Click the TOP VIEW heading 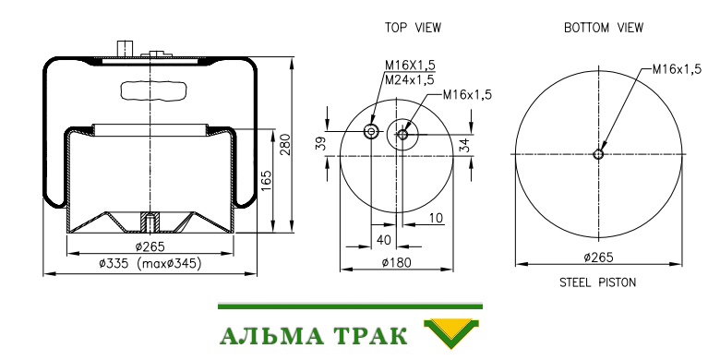413,28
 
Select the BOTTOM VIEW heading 604,28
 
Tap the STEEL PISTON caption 598,282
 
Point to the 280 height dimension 285,145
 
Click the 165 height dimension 267,181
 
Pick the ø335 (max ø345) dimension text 150,263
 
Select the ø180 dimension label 396,262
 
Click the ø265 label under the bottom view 598,258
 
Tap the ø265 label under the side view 150,247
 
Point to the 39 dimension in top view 320,144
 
